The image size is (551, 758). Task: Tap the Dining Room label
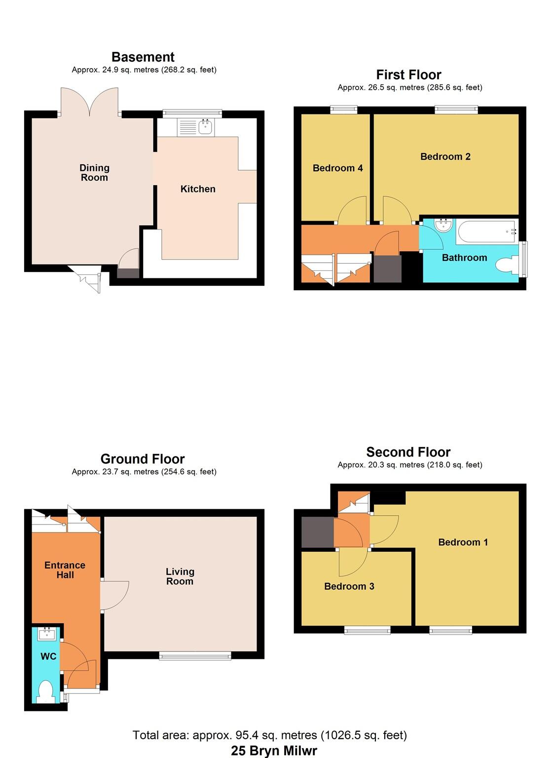point(94,173)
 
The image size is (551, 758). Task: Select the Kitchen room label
point(198,189)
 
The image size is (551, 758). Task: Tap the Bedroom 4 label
point(337,168)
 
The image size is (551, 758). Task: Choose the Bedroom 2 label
point(445,157)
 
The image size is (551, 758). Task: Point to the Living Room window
point(195,655)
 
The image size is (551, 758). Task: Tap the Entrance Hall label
point(65,570)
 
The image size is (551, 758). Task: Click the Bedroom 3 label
point(349,586)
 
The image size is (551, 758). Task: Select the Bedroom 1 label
point(463,542)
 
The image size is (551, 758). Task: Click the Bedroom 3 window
point(367,630)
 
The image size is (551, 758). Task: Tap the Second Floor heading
point(408,452)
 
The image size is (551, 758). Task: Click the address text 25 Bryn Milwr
point(274,751)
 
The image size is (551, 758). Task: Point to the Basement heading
point(143,57)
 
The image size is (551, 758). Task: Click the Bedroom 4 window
point(343,110)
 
